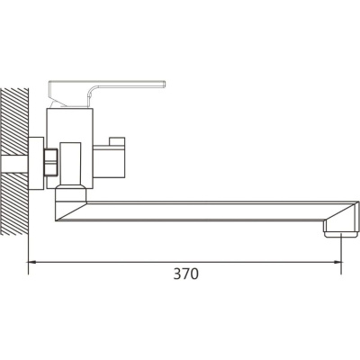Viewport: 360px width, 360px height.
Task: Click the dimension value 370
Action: coord(186,274)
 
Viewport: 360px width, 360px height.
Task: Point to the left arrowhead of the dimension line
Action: coord(32,262)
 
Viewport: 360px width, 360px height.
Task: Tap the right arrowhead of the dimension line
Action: coord(337,262)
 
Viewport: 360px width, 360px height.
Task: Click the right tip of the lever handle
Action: coord(165,85)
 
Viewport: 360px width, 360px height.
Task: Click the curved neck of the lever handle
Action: coord(92,94)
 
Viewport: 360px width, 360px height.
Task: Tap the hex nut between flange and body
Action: coord(50,162)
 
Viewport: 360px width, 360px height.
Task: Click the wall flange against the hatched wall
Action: coord(36,164)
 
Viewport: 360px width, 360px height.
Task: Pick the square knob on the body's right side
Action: coord(109,162)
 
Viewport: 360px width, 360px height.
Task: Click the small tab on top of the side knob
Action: coord(117,141)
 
